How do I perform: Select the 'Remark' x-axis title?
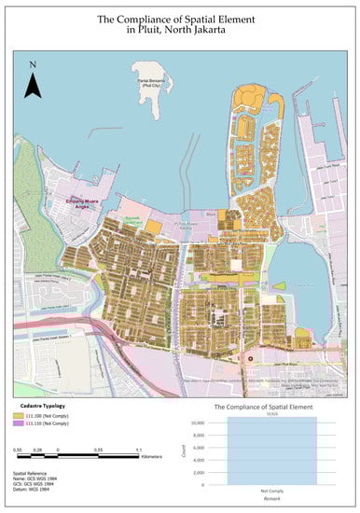point(272,501)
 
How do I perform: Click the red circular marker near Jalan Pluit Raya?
point(250,356)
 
